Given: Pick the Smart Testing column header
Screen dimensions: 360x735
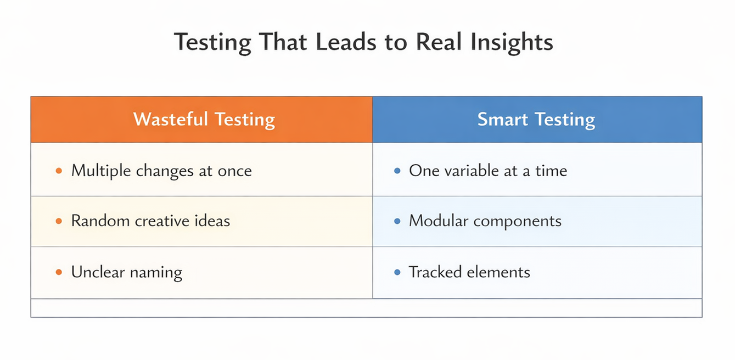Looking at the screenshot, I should (x=536, y=120).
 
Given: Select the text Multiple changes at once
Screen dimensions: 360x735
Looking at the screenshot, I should (x=161, y=171).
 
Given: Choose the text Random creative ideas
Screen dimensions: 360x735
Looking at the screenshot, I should (x=150, y=221).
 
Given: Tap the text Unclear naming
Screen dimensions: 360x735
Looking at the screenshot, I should (x=126, y=272).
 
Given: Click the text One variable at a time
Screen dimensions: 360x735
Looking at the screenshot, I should (x=488, y=171).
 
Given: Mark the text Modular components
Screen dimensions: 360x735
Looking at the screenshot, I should (x=485, y=221).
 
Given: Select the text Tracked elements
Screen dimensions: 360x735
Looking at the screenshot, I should (x=469, y=272).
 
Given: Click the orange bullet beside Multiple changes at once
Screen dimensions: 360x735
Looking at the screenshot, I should (x=59, y=171).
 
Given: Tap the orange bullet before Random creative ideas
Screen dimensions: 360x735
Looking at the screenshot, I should (x=59, y=221).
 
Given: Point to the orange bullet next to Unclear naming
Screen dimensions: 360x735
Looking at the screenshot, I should (x=59, y=272).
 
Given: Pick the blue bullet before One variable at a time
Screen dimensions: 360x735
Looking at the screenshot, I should (x=397, y=171).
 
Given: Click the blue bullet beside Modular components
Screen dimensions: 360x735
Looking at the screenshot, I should (x=397, y=221).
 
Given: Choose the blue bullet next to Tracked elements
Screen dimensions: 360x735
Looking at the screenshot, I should (x=397, y=272).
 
